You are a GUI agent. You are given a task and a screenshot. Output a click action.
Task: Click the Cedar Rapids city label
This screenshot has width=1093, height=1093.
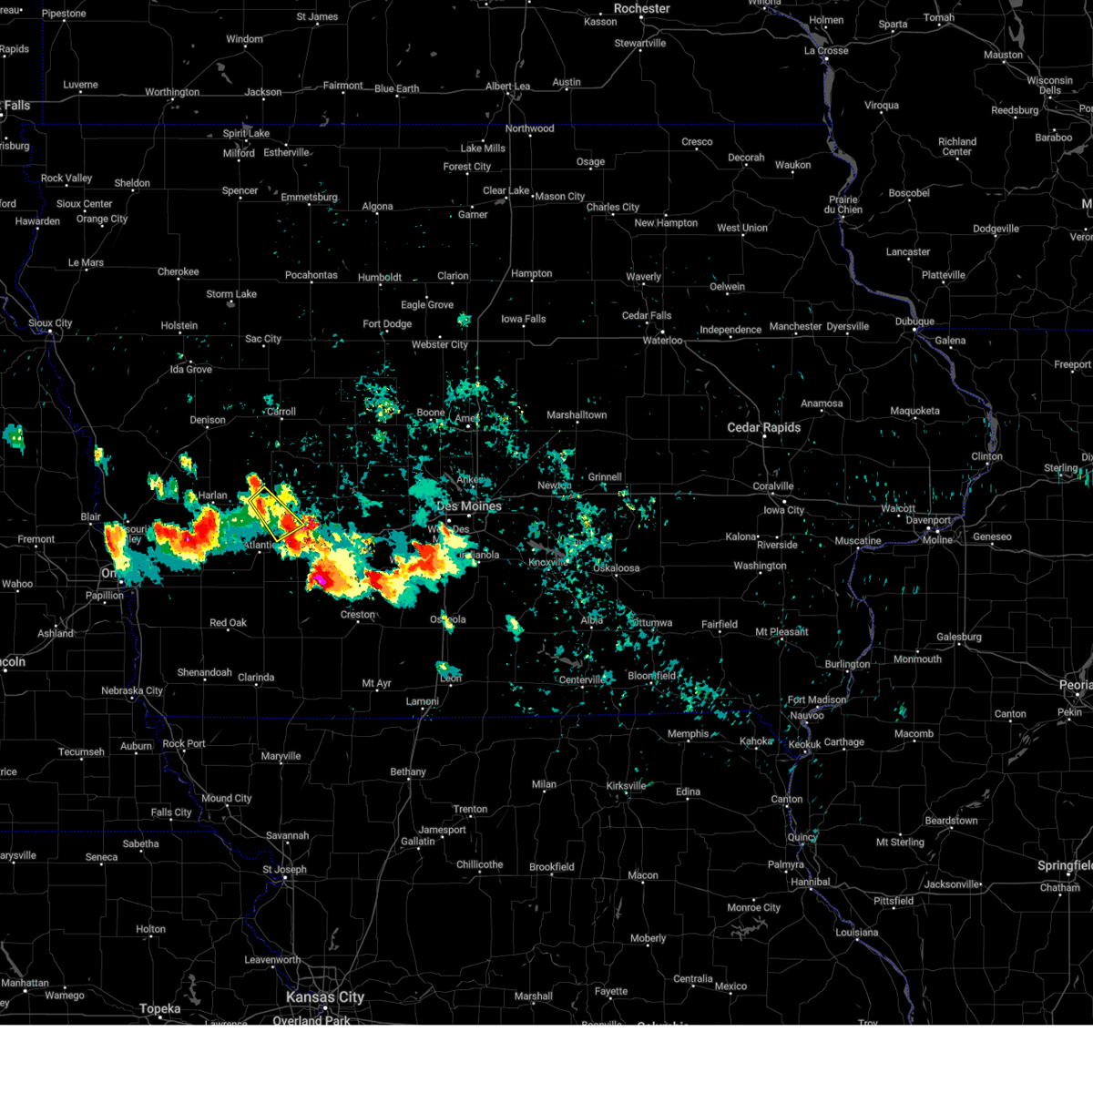coord(763,427)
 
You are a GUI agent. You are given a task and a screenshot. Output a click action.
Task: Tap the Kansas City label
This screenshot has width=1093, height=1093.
coord(325,997)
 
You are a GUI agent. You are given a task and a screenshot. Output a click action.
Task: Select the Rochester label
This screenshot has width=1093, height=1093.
coord(641,9)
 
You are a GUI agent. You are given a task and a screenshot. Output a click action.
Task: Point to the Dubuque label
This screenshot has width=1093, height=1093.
coord(914,322)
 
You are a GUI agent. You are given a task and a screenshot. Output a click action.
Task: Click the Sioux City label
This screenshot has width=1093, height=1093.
coord(50,323)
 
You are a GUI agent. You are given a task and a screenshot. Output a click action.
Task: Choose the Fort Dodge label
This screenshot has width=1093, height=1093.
coord(387,324)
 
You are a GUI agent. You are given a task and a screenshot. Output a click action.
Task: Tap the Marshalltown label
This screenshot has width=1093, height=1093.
coord(577,415)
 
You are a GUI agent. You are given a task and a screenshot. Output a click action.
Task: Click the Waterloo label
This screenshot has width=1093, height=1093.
coord(662,341)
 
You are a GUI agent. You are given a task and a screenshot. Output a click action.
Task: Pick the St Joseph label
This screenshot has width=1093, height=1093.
coord(284,870)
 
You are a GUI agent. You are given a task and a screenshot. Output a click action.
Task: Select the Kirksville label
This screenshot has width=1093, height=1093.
coord(626,786)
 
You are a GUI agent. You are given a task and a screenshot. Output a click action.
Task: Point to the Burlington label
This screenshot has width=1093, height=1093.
coord(847,665)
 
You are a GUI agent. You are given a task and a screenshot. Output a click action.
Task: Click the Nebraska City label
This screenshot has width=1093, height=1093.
coord(132,691)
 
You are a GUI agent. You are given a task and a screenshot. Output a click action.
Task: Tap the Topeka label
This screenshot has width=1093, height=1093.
coord(160,1009)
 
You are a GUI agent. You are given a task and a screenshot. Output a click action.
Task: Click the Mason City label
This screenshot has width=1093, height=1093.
coord(559,197)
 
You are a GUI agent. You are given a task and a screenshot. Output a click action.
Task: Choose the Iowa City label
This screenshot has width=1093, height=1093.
coord(783,511)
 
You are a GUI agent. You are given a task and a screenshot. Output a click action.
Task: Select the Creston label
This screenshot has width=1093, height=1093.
coord(358,615)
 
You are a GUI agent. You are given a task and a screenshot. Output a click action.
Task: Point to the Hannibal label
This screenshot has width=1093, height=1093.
coord(811,882)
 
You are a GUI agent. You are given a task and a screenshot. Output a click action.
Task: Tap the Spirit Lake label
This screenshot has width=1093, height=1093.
coord(246,134)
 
